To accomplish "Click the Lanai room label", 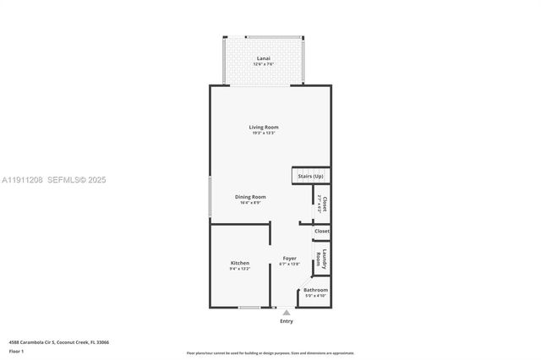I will (x=264, y=58).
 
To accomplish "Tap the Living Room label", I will (x=264, y=127).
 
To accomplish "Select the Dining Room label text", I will (x=250, y=197).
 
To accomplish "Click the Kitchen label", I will (x=240, y=263).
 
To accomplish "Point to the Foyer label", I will (x=289, y=259).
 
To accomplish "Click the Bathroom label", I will (x=315, y=290).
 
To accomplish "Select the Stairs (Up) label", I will (x=310, y=176).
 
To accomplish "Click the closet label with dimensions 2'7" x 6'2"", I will (x=322, y=203).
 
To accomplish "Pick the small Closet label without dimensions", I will (x=321, y=231).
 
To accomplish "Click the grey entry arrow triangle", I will (x=286, y=313).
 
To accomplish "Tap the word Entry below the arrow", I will (x=286, y=321).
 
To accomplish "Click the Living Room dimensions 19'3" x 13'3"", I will (x=264, y=133).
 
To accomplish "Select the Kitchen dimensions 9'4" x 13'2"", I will (x=240, y=269).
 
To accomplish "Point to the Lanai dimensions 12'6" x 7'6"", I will (x=264, y=64).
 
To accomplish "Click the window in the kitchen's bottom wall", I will (x=249, y=307).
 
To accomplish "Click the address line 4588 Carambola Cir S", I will (x=58, y=342).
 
